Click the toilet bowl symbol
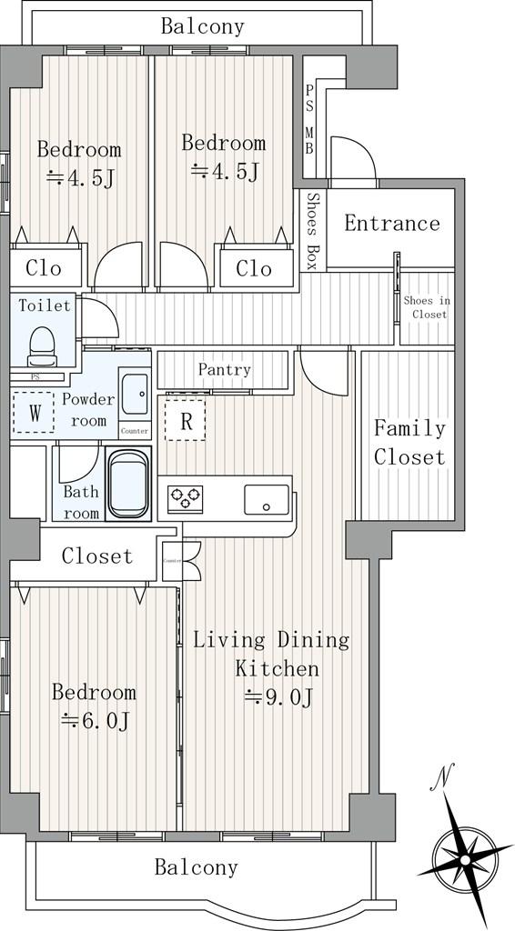point(41,346)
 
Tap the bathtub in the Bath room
point(128,484)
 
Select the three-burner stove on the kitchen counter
point(185,497)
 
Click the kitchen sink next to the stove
point(267,499)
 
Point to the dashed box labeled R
point(186,419)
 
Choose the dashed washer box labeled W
point(35,412)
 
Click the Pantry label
point(225,370)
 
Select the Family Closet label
point(409,443)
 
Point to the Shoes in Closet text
point(427,307)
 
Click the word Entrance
point(392,224)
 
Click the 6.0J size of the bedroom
point(96,721)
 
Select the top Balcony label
point(203,26)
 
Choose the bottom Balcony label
point(196,867)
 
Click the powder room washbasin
point(135,394)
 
